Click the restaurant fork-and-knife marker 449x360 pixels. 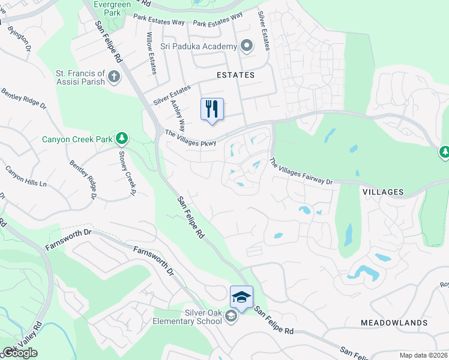(x=211, y=110)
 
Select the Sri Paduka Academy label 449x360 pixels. (x=200, y=46)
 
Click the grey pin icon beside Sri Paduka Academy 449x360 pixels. (x=246, y=46)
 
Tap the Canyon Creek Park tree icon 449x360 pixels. (x=122, y=139)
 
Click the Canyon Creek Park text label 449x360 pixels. (x=77, y=139)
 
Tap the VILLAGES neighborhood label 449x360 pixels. (x=383, y=191)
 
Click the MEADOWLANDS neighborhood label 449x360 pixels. (x=394, y=323)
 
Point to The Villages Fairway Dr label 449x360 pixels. (x=301, y=171)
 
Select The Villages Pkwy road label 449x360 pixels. (x=190, y=138)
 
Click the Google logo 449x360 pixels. (x=20, y=353)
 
